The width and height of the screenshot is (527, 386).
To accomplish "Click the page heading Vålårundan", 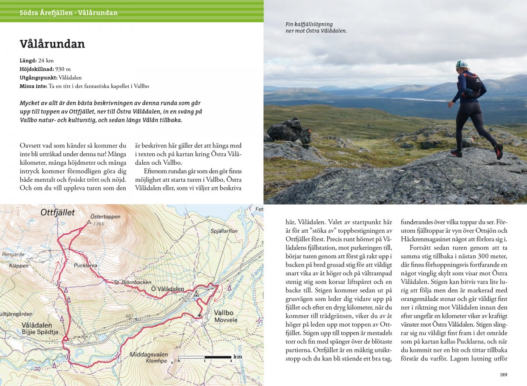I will [x=52, y=44].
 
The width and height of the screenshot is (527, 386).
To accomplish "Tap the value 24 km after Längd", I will [x=46, y=61].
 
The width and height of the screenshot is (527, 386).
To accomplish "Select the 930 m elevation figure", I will [x=63, y=69].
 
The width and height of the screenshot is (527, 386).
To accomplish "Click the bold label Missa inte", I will [x=33, y=86].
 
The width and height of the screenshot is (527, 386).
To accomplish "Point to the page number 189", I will [x=503, y=375].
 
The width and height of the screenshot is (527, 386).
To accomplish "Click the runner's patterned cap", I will [x=461, y=64].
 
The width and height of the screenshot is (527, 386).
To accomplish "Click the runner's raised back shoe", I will [x=498, y=152].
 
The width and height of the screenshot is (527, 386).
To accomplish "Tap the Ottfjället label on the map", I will [x=58, y=213].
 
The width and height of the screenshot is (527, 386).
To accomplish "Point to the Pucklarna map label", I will [x=86, y=266].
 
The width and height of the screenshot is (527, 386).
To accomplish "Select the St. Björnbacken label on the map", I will [x=132, y=282].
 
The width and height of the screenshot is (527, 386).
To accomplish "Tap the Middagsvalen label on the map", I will [x=148, y=354].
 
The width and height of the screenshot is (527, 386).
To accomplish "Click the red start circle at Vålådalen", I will [x=65, y=339].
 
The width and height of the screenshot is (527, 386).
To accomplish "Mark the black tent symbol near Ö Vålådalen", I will [x=196, y=293].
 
